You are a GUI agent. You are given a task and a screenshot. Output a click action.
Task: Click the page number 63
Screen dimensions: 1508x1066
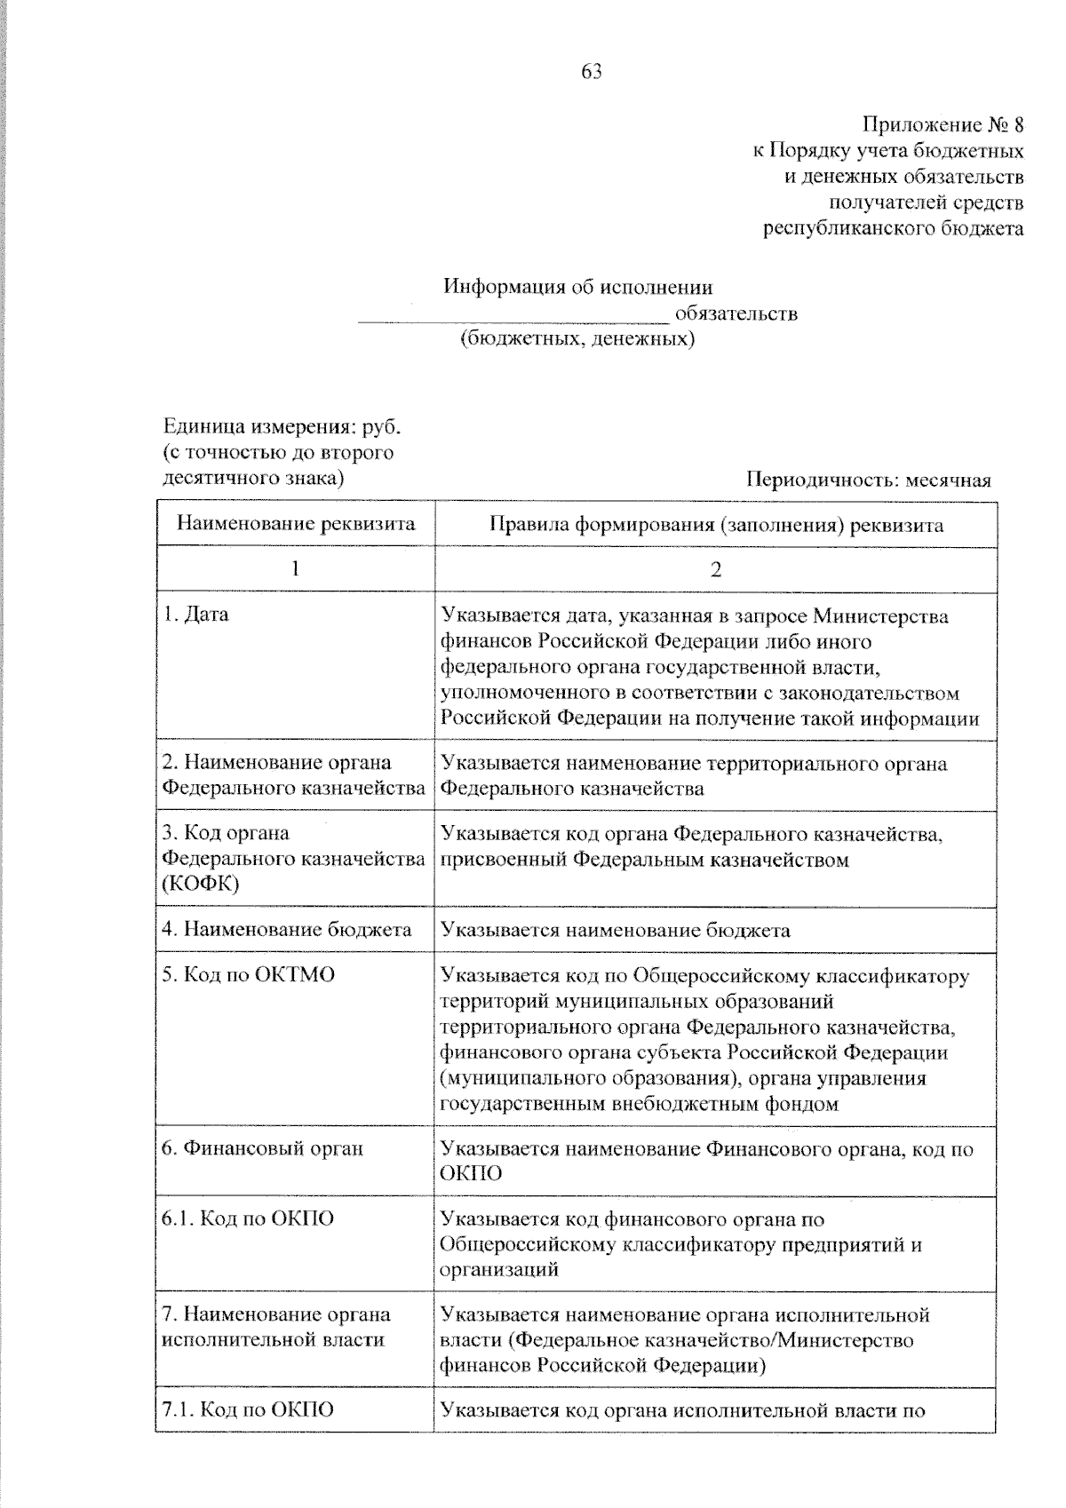pos(592,72)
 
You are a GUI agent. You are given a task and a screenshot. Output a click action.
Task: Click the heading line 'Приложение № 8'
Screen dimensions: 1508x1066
pos(943,124)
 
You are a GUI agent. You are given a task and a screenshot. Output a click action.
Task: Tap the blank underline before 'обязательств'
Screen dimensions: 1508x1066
pos(513,318)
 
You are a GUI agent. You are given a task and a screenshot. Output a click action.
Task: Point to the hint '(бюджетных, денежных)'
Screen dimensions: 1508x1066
pos(577,339)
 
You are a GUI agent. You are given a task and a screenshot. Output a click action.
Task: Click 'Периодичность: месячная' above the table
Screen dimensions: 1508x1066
pos(869,480)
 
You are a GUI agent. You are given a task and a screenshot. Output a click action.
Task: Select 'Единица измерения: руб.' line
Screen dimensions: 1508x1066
pos(282,427)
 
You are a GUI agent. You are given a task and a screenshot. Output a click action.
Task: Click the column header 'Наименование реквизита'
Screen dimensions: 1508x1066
pos(296,524)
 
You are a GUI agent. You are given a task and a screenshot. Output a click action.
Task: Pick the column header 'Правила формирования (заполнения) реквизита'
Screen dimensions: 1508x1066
pos(716,524)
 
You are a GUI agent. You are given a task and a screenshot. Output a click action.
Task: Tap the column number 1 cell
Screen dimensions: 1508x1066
pos(296,570)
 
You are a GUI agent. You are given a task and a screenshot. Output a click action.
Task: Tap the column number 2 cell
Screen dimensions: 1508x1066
pos(716,570)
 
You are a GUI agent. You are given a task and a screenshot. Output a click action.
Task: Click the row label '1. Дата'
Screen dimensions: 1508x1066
pos(196,615)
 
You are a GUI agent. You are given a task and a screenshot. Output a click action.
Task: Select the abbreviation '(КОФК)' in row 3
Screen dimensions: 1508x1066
pos(201,885)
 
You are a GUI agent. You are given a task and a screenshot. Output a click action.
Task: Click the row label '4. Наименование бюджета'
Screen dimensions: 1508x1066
pos(287,930)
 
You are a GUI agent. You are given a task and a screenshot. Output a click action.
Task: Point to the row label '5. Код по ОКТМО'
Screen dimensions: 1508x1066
pos(249,975)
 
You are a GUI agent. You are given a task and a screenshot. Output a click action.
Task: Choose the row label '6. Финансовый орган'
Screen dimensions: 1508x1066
pos(263,1148)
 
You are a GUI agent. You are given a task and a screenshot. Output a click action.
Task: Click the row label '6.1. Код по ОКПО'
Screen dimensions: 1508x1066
pos(248,1218)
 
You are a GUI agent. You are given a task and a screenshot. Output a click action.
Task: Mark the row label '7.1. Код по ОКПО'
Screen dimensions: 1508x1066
pos(248,1409)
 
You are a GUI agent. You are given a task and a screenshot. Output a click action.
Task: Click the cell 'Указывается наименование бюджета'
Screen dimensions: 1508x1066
pos(616,931)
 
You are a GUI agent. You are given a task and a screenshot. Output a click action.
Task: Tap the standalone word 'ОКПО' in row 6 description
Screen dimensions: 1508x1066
pos(471,1174)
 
